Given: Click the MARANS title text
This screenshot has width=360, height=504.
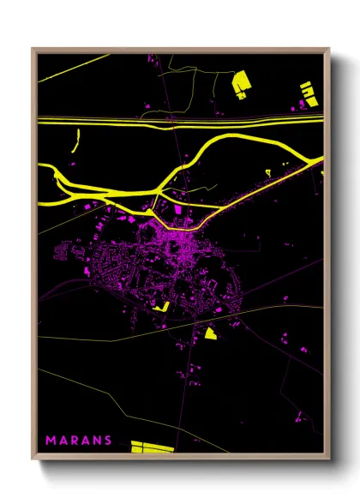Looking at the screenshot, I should pyautogui.click(x=78, y=441).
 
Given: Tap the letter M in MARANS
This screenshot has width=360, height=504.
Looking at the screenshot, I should pyautogui.click(x=50, y=441).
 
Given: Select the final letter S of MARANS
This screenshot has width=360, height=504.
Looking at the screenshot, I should pyautogui.click(x=107, y=441).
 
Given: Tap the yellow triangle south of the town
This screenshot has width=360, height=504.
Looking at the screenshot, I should pyautogui.click(x=211, y=333).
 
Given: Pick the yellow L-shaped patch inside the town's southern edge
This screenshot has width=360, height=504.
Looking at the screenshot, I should pyautogui.click(x=160, y=304).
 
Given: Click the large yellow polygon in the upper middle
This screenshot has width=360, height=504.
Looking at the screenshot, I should pyautogui.click(x=241, y=82).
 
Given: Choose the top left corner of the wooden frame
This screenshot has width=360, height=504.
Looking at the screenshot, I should pyautogui.click(x=33, y=49).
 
